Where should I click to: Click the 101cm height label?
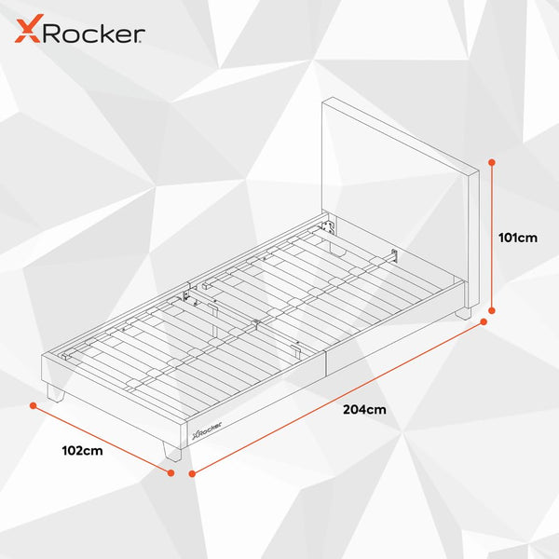point(518,238)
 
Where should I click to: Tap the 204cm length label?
point(364,409)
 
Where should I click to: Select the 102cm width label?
point(82,451)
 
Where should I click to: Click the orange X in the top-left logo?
point(29,29)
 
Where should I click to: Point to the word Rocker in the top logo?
point(94,34)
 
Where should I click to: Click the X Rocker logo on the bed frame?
point(207,430)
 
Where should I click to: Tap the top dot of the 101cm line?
point(492,162)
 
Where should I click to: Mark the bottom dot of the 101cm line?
point(492,311)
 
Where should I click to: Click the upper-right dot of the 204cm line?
point(484,322)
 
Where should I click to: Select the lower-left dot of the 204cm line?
point(192,474)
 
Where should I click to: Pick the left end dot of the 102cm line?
point(34,405)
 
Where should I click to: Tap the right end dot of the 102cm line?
point(170,472)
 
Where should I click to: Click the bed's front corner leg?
point(172,452)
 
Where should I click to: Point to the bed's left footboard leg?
point(55,393)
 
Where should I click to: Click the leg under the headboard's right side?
point(463,314)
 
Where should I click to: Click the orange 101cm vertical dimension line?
point(492,237)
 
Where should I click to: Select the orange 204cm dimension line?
point(338,398)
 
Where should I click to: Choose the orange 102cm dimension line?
point(102,439)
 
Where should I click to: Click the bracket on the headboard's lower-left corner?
point(328,226)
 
